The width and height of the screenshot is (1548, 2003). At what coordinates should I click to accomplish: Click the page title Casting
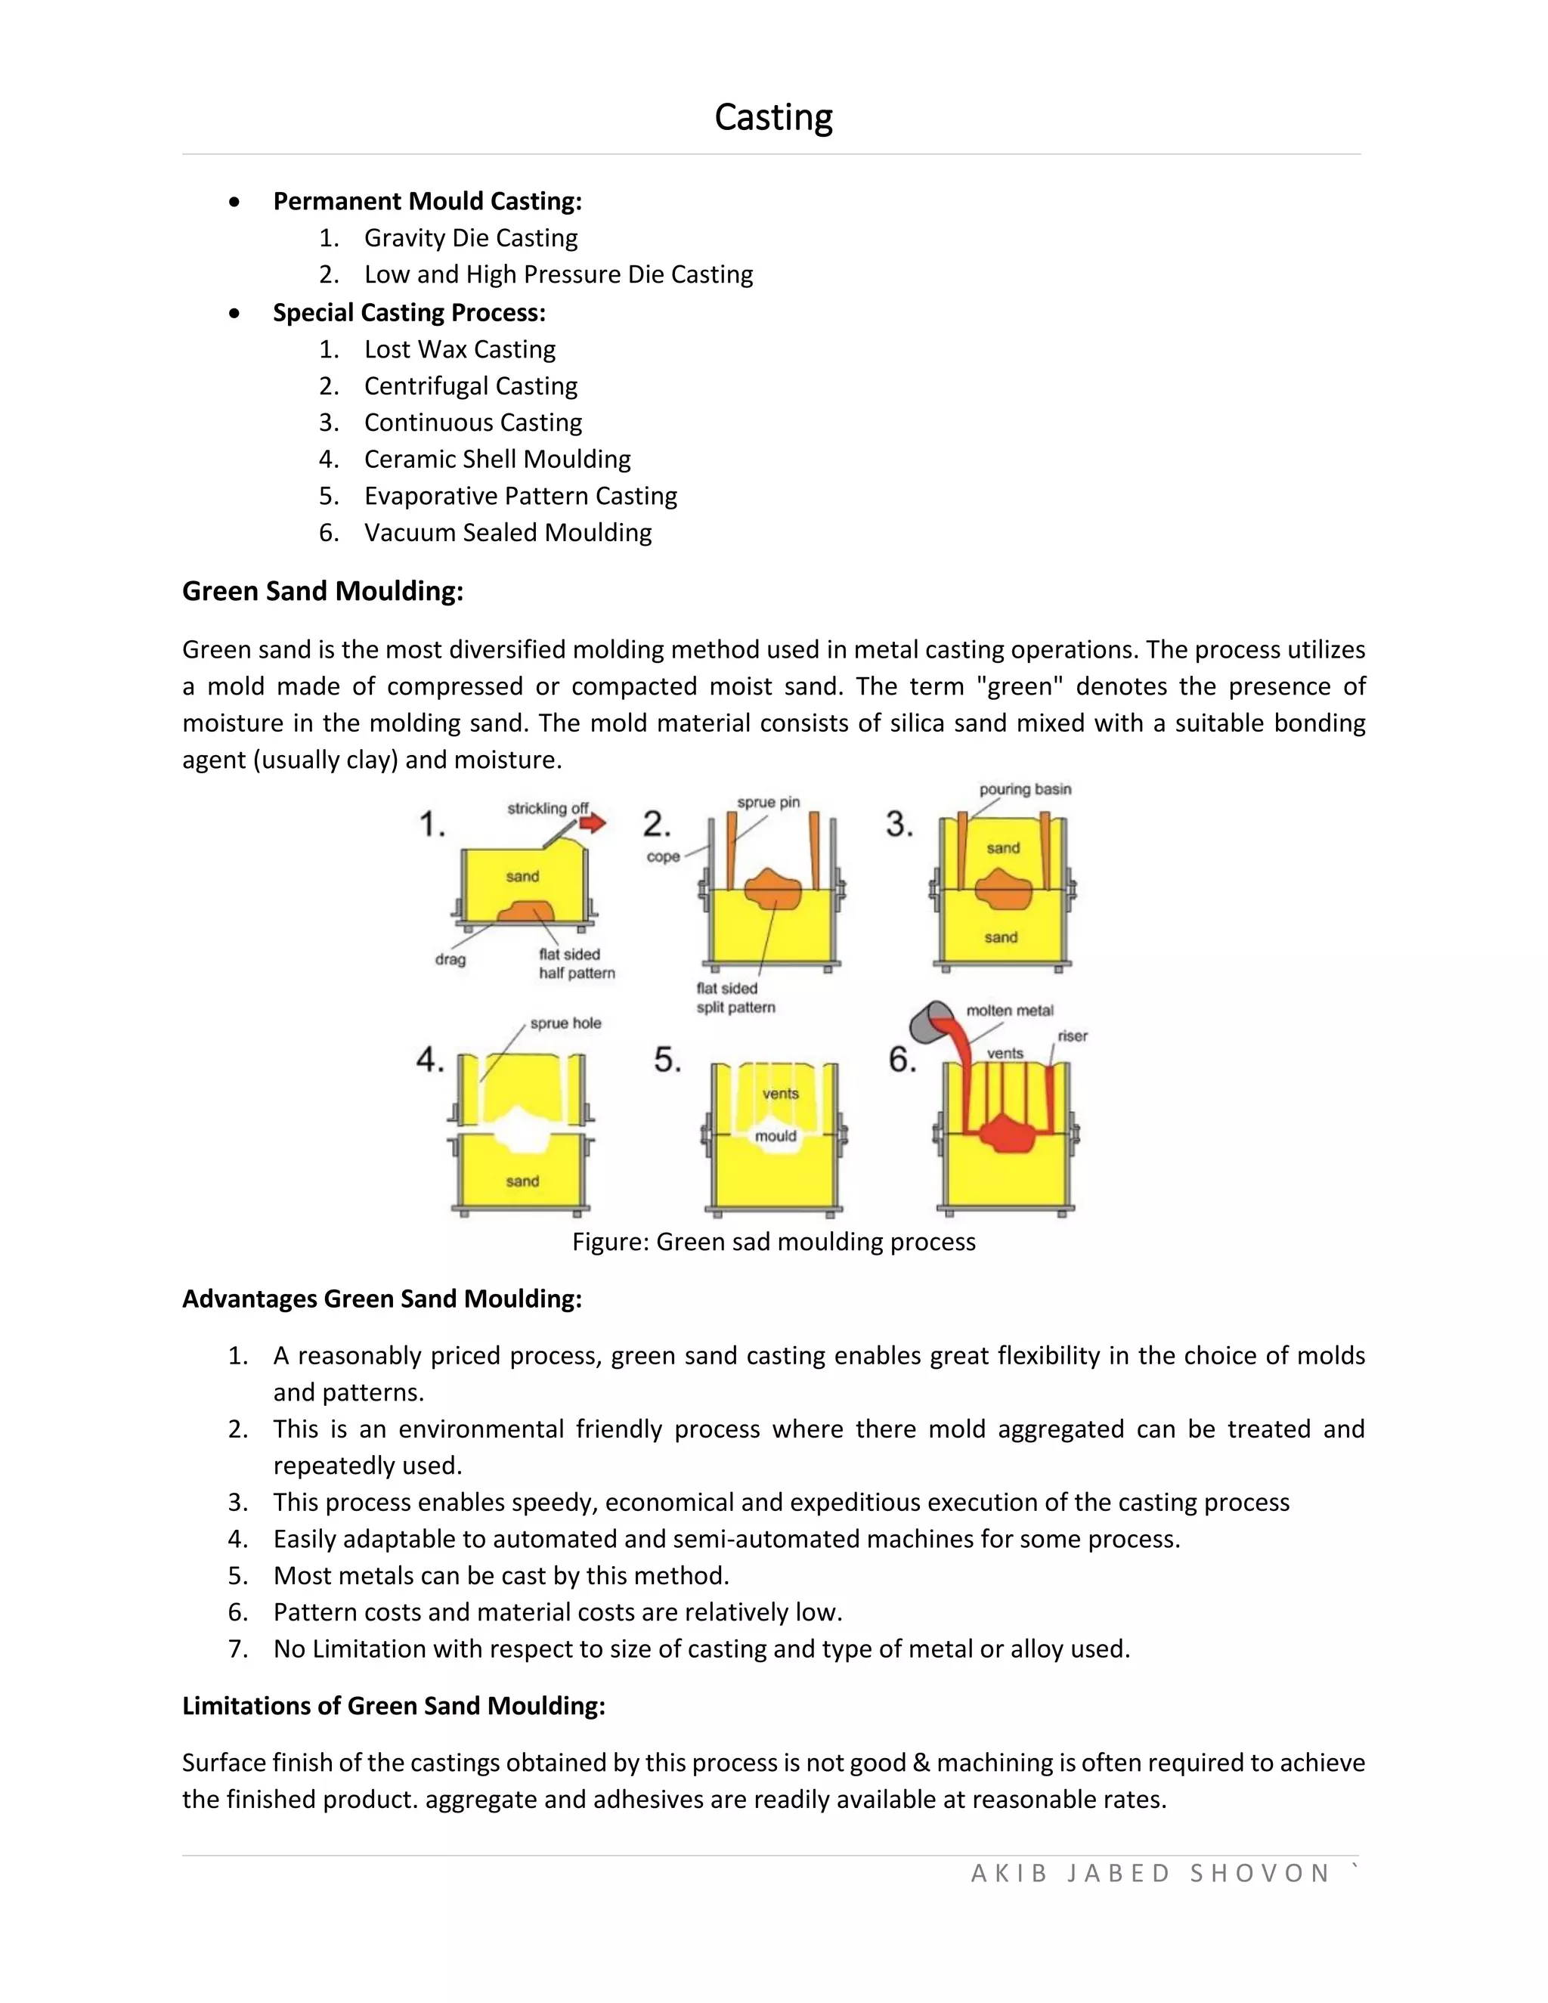[x=773, y=117]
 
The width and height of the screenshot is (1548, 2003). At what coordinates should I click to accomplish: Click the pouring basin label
[x=1024, y=790]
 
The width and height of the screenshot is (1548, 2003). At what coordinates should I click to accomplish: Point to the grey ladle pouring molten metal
[x=930, y=1020]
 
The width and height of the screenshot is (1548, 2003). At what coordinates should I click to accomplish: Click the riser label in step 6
[x=1072, y=1036]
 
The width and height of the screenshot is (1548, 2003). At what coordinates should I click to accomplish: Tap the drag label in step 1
[x=450, y=960]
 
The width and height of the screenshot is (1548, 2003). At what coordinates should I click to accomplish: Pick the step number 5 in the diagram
[x=667, y=1061]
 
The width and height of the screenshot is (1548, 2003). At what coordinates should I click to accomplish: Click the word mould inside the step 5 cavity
[x=776, y=1136]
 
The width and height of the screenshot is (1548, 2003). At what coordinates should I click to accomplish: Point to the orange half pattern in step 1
[x=525, y=912]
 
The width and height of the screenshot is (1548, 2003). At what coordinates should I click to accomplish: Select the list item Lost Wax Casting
[x=460, y=349]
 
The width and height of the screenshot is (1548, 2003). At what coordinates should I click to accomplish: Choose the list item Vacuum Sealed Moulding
[x=507, y=533]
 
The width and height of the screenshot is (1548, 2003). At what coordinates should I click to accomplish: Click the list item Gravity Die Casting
[x=470, y=238]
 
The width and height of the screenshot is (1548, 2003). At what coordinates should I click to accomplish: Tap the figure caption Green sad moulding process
[x=773, y=1242]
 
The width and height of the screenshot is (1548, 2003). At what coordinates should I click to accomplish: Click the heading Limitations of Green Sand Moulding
[x=393, y=1706]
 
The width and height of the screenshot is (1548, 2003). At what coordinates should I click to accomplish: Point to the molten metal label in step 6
[x=1010, y=1011]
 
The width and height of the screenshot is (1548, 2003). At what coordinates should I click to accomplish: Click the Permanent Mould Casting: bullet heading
[x=427, y=202]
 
